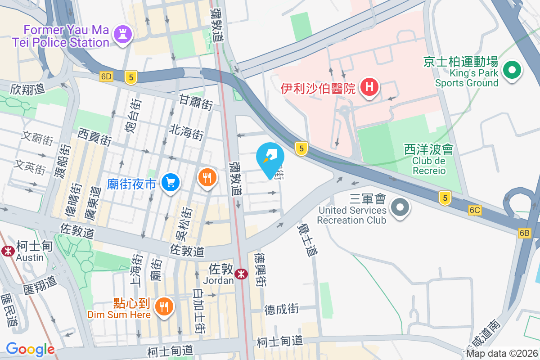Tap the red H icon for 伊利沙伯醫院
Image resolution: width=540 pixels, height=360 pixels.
pos(369,86)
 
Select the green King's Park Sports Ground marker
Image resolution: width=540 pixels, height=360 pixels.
pos(512,71)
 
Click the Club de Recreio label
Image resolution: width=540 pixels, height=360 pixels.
pos(428,160)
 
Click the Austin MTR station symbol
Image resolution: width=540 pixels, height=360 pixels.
pos(8,251)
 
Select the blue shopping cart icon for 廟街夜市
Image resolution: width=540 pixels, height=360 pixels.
pos(171,182)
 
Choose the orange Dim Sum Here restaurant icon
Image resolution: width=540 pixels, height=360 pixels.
pos(163,307)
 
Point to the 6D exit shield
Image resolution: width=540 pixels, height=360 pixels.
pos(106,76)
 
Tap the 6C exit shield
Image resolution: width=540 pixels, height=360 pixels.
pos(475,210)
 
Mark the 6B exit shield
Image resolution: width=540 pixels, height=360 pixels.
pos(525,233)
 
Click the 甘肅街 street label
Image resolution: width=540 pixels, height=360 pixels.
pos(196,103)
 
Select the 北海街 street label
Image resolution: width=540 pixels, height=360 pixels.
pos(186,132)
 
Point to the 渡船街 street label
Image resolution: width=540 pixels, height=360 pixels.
pos(64,161)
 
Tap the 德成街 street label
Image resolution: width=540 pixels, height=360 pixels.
pos(281,309)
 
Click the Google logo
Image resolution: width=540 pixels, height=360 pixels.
pos(30,349)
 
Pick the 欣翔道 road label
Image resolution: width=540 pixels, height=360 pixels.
pos(28,89)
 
